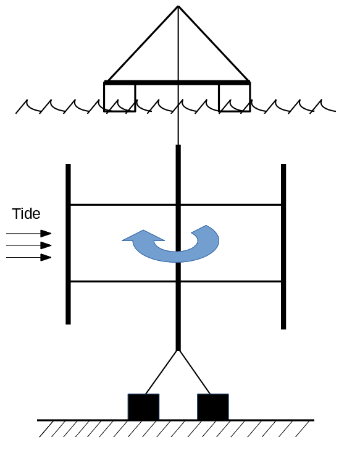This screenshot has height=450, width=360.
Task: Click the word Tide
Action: [26, 214]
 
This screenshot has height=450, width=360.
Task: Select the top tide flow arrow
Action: [28, 234]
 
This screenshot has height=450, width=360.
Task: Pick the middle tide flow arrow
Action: [28, 245]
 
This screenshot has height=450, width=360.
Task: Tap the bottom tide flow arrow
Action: [28, 257]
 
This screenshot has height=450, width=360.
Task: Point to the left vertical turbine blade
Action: [68, 244]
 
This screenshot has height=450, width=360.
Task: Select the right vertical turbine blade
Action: [283, 246]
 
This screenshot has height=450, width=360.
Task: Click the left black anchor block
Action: [143, 407]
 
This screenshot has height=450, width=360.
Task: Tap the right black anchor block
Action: [213, 407]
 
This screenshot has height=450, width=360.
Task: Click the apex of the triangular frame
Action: [178, 6]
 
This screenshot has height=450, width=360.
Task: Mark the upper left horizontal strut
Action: [123, 205]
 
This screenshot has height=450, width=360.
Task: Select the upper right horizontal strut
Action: [231, 205]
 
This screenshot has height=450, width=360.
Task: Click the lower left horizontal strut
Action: [123, 281]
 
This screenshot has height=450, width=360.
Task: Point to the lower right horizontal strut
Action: [231, 281]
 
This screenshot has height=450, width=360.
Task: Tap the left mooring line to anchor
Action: [162, 372]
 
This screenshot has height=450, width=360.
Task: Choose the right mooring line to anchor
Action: [195, 372]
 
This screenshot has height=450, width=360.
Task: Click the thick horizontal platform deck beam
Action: [177, 83]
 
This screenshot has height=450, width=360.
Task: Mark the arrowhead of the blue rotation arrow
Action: [143, 236]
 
